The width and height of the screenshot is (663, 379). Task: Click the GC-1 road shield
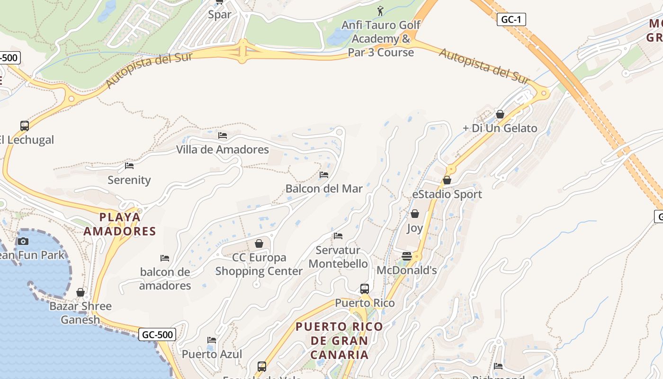tap(511, 19)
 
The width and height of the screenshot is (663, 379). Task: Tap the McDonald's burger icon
tap(406, 256)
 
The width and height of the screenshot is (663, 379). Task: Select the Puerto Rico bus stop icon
tap(364, 289)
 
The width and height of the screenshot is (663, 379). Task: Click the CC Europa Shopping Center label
tap(259, 264)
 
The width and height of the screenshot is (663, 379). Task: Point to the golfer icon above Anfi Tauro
tap(380, 10)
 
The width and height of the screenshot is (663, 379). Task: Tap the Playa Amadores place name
tap(119, 224)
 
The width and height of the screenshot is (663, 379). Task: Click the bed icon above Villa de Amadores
tap(223, 135)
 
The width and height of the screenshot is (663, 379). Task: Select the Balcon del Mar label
tap(324, 189)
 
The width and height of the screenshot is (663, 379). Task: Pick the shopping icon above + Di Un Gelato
tap(500, 114)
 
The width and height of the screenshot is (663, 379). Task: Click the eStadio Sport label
tap(447, 194)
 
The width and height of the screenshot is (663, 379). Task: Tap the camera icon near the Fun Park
tap(23, 241)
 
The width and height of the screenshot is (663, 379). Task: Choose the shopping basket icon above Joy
tap(415, 214)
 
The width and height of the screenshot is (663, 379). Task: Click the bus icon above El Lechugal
tap(25, 126)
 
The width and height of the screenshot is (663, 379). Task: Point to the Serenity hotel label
tap(129, 180)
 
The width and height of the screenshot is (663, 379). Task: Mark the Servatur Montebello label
tap(338, 257)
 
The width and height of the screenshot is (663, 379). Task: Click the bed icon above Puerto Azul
tap(212, 340)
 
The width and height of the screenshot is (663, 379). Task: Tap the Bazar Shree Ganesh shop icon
tap(81, 292)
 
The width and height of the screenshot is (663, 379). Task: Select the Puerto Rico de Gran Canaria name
tap(339, 341)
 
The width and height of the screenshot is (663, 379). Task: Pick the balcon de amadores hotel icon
tap(165, 258)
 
